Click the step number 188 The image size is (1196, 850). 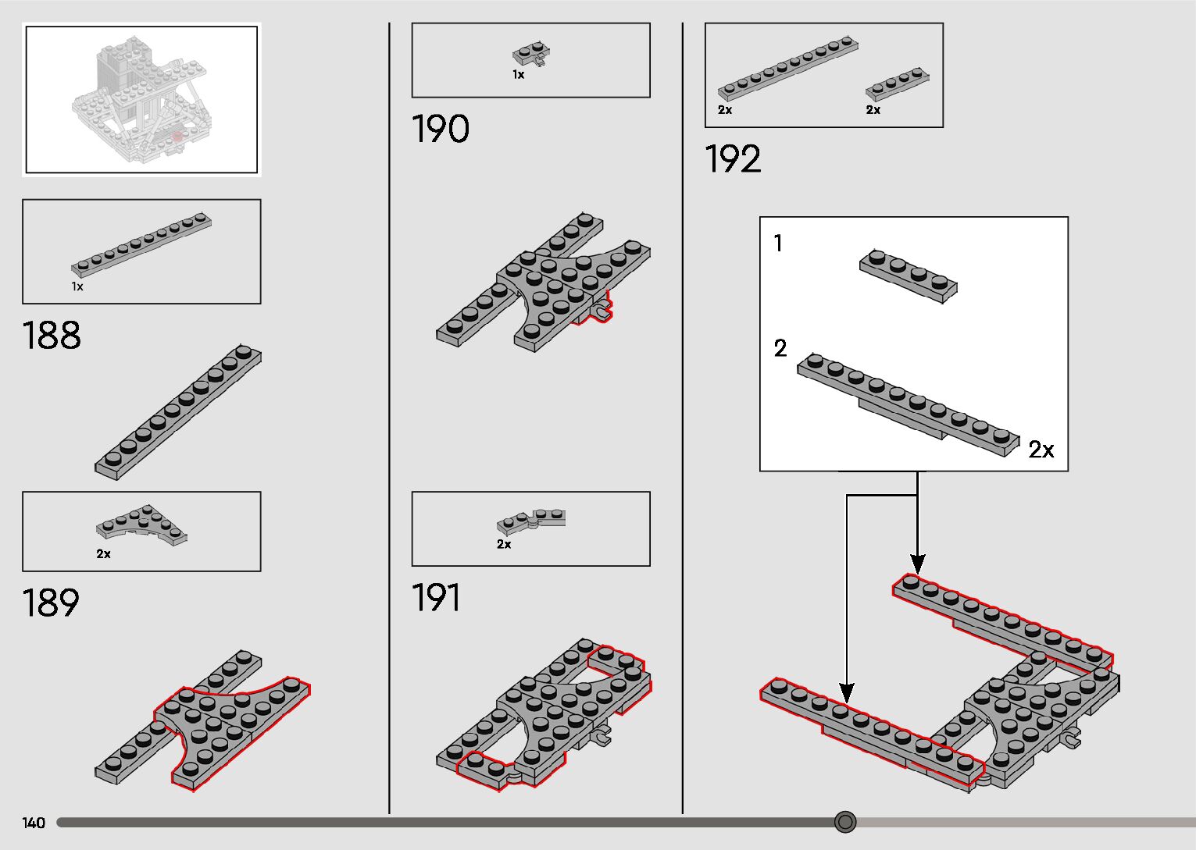click(x=52, y=336)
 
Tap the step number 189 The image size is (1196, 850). click(x=51, y=603)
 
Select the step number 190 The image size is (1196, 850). click(x=440, y=130)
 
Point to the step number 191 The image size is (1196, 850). click(x=436, y=599)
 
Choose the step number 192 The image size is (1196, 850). click(x=732, y=160)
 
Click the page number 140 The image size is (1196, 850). click(x=34, y=823)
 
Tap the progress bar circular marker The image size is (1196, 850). click(x=845, y=822)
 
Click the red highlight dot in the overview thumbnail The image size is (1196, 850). click(x=177, y=137)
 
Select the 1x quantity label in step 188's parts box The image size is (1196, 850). click(x=77, y=287)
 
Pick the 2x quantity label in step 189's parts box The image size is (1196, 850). click(x=103, y=554)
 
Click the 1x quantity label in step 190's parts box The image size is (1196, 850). click(x=518, y=75)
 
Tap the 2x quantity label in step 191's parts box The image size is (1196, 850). click(x=504, y=545)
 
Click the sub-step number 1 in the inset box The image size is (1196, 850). click(x=777, y=244)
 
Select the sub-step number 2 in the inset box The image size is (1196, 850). click(x=780, y=348)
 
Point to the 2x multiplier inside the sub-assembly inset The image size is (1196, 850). click(x=1041, y=450)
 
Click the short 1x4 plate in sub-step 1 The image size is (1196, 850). click(x=909, y=276)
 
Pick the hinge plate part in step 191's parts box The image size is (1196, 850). click(x=531, y=521)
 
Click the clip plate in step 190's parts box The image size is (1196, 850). click(x=531, y=54)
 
